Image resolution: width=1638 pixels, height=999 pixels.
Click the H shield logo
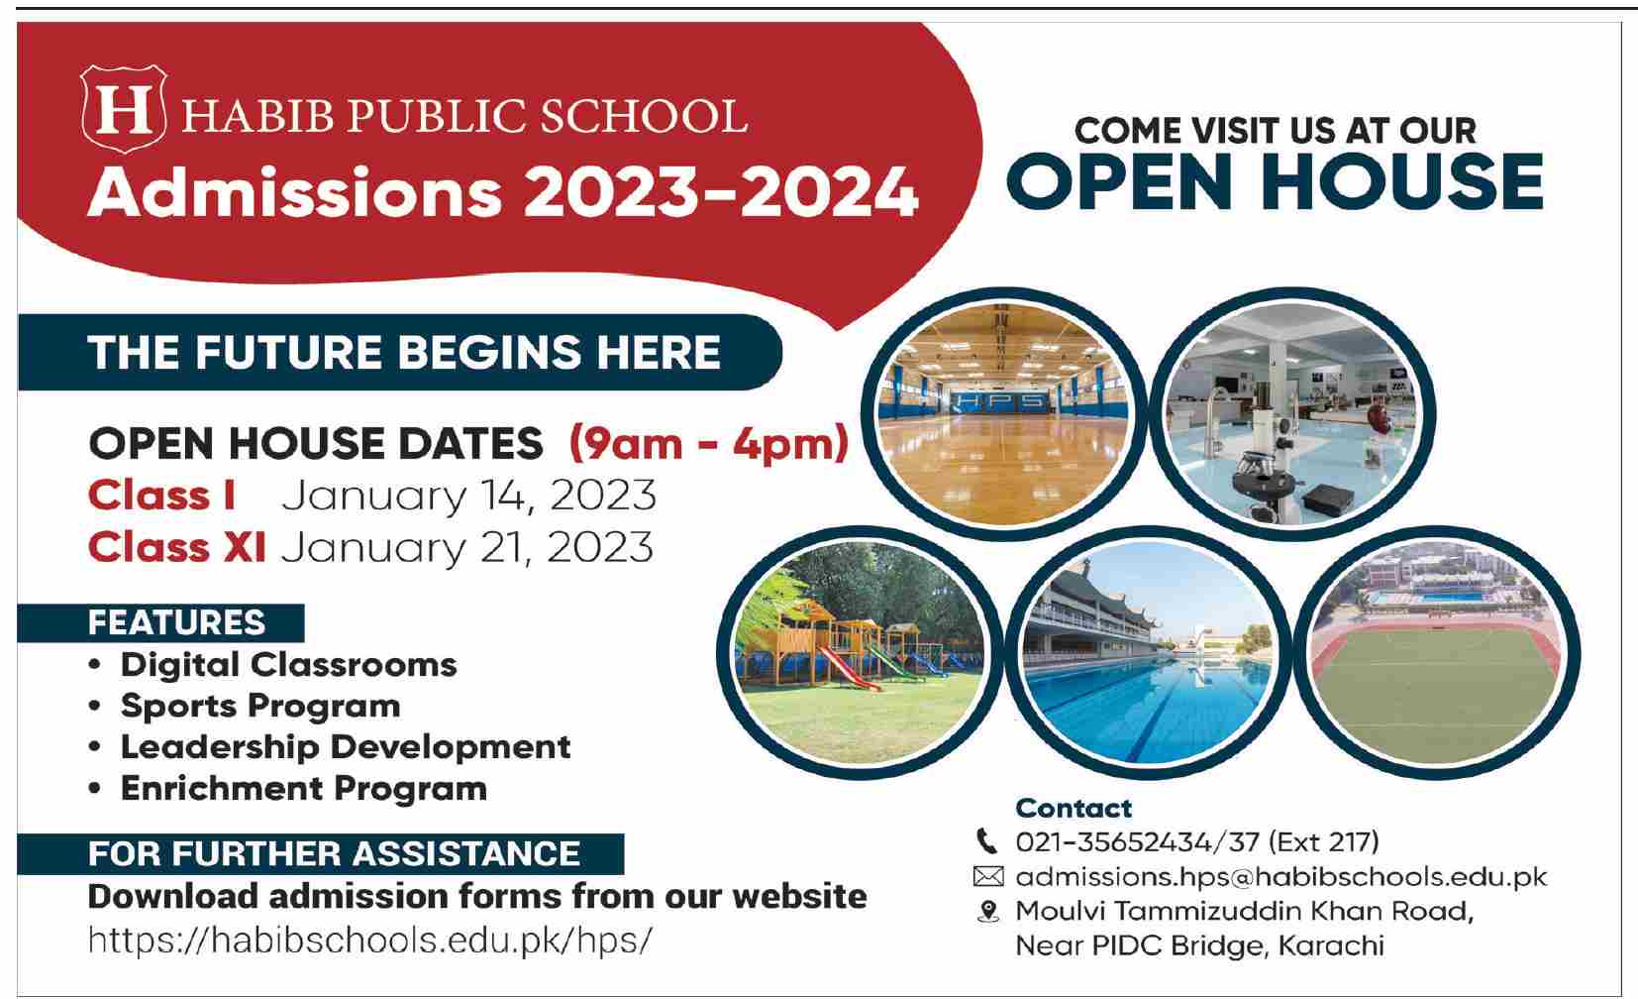coord(124,108)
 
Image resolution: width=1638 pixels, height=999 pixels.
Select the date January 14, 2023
coord(468,496)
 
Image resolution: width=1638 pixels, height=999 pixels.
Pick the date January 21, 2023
coord(467,548)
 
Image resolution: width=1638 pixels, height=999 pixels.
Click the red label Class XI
coord(177,547)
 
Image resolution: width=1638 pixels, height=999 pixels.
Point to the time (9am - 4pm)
coord(709,444)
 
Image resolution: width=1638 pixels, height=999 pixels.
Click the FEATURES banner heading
coord(176,622)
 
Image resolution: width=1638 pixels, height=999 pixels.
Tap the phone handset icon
coord(987,841)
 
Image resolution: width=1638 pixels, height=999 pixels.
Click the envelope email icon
coord(988,877)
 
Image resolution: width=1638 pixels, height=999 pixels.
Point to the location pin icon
coord(988,912)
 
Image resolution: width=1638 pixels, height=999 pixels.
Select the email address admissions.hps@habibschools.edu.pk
coord(1281,877)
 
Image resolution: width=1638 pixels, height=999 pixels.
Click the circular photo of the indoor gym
coord(1003,415)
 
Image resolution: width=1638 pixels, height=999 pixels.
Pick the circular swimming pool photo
coord(1147,653)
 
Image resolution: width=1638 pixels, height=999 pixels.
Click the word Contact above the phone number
coord(1074,808)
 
